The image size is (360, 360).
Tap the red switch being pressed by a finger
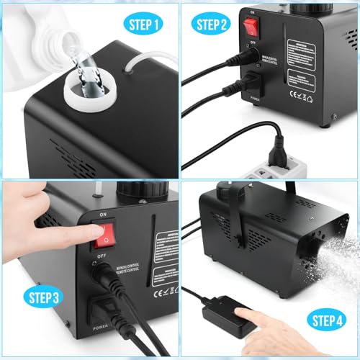(x=103, y=232)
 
